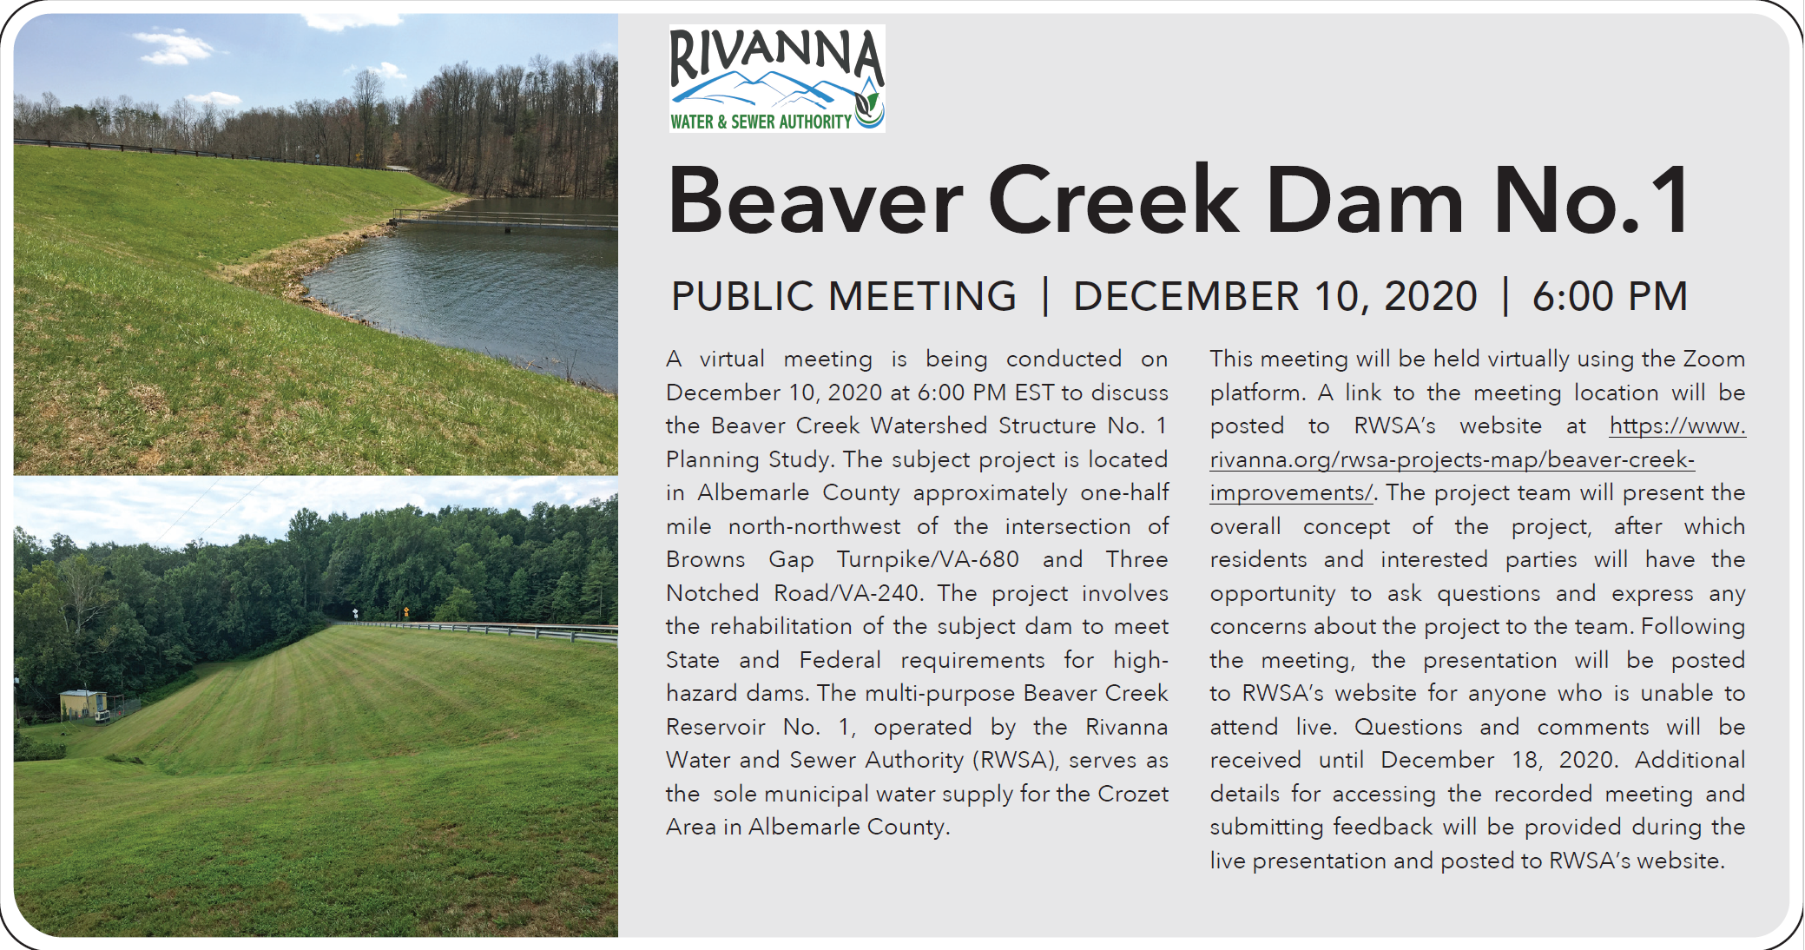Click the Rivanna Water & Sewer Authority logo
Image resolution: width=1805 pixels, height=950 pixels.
[777, 78]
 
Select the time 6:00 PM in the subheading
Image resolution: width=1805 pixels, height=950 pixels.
[1609, 296]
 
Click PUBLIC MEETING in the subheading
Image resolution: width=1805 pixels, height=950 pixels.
[844, 296]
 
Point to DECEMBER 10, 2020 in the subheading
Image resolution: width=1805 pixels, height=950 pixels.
[1275, 296]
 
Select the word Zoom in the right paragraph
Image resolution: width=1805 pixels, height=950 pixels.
[1714, 359]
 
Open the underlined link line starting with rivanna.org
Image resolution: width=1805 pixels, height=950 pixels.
[1452, 459]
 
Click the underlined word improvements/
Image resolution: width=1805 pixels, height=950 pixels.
[1292, 493]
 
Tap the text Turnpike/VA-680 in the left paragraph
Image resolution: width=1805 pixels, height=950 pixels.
[927, 559]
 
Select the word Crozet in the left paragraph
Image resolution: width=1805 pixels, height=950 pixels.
[1133, 794]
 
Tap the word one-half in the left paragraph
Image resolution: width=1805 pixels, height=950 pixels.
[1124, 492]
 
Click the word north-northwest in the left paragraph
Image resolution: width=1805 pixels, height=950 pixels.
[814, 526]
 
